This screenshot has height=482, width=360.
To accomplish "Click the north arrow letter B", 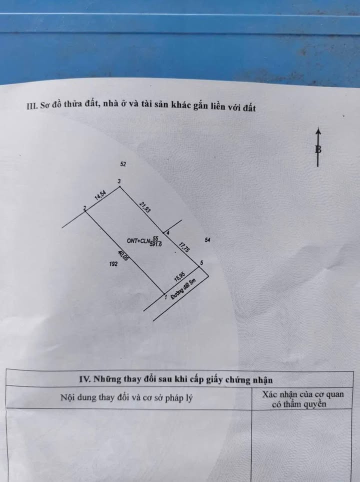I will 318,149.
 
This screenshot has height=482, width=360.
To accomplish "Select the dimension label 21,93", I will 145,206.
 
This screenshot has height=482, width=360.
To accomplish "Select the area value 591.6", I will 156,243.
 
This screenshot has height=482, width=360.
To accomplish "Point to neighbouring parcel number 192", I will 112,265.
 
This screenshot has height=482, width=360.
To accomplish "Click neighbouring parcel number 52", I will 124,164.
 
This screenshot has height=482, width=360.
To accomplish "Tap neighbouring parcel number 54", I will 207,240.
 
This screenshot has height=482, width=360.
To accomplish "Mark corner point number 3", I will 119,181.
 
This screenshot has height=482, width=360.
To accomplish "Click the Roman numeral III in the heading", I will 31,106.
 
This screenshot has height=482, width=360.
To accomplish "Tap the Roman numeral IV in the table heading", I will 84,379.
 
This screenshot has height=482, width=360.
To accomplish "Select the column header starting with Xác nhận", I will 303,399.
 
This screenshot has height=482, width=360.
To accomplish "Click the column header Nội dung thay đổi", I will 126,398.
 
